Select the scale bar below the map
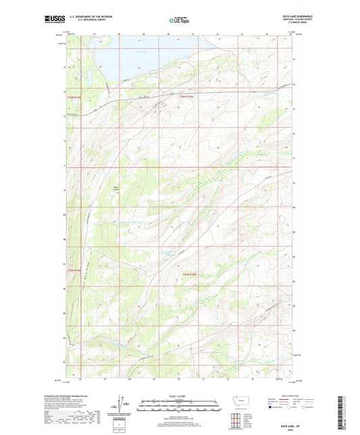180,408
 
